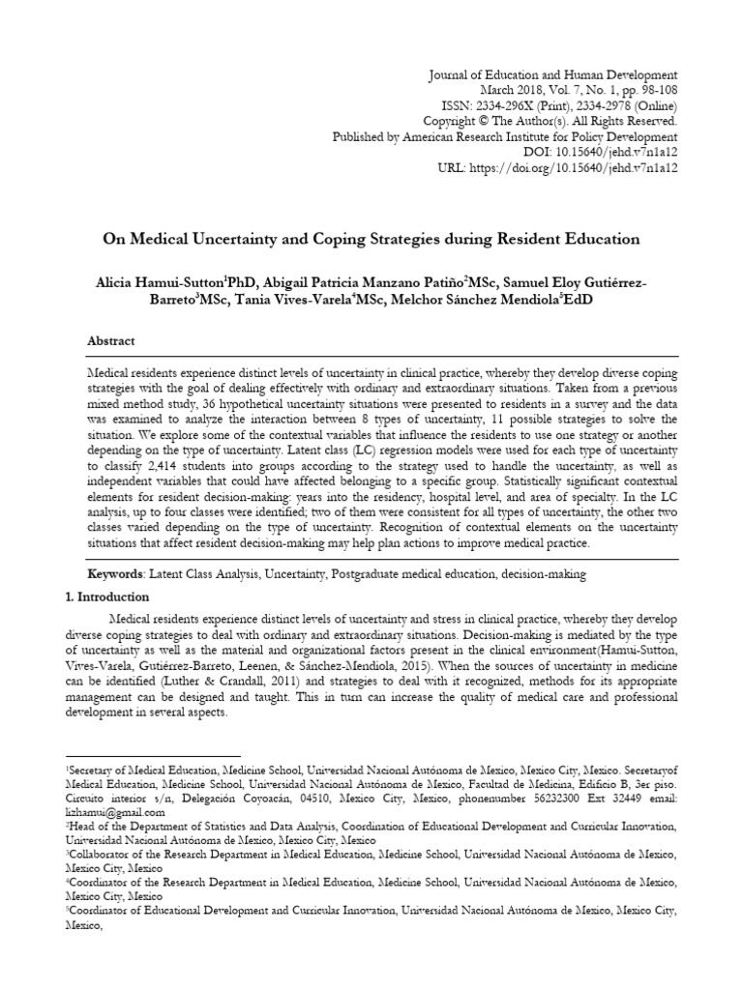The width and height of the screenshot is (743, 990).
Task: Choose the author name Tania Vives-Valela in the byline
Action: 291,300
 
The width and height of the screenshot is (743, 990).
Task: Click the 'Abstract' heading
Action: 111,341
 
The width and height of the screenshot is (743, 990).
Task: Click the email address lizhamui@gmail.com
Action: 104,815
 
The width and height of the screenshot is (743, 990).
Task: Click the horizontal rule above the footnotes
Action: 151,756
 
